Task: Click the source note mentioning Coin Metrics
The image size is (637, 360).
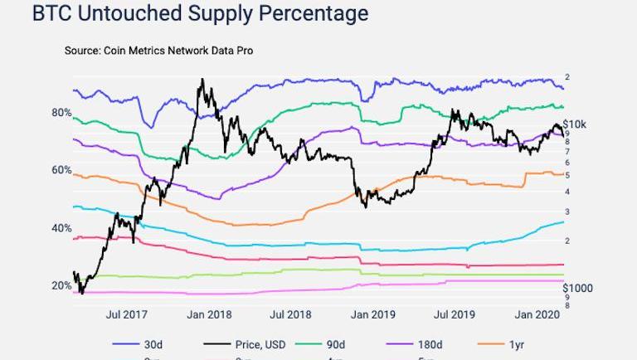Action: click(x=158, y=51)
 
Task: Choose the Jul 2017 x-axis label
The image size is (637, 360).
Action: click(x=127, y=314)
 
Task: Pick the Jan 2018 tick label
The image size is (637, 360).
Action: click(x=209, y=314)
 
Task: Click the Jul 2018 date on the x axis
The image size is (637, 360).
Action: click(x=290, y=314)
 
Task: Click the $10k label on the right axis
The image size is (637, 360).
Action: click(x=575, y=124)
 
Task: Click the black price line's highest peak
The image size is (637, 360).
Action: click(x=202, y=80)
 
